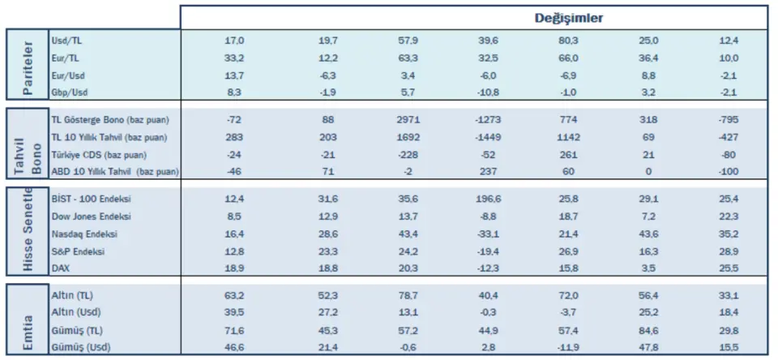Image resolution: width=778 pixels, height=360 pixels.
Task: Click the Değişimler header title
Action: point(567,18)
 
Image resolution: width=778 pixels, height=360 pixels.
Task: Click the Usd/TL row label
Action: point(66,40)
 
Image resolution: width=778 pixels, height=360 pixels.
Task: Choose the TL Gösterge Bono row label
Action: point(100,119)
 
